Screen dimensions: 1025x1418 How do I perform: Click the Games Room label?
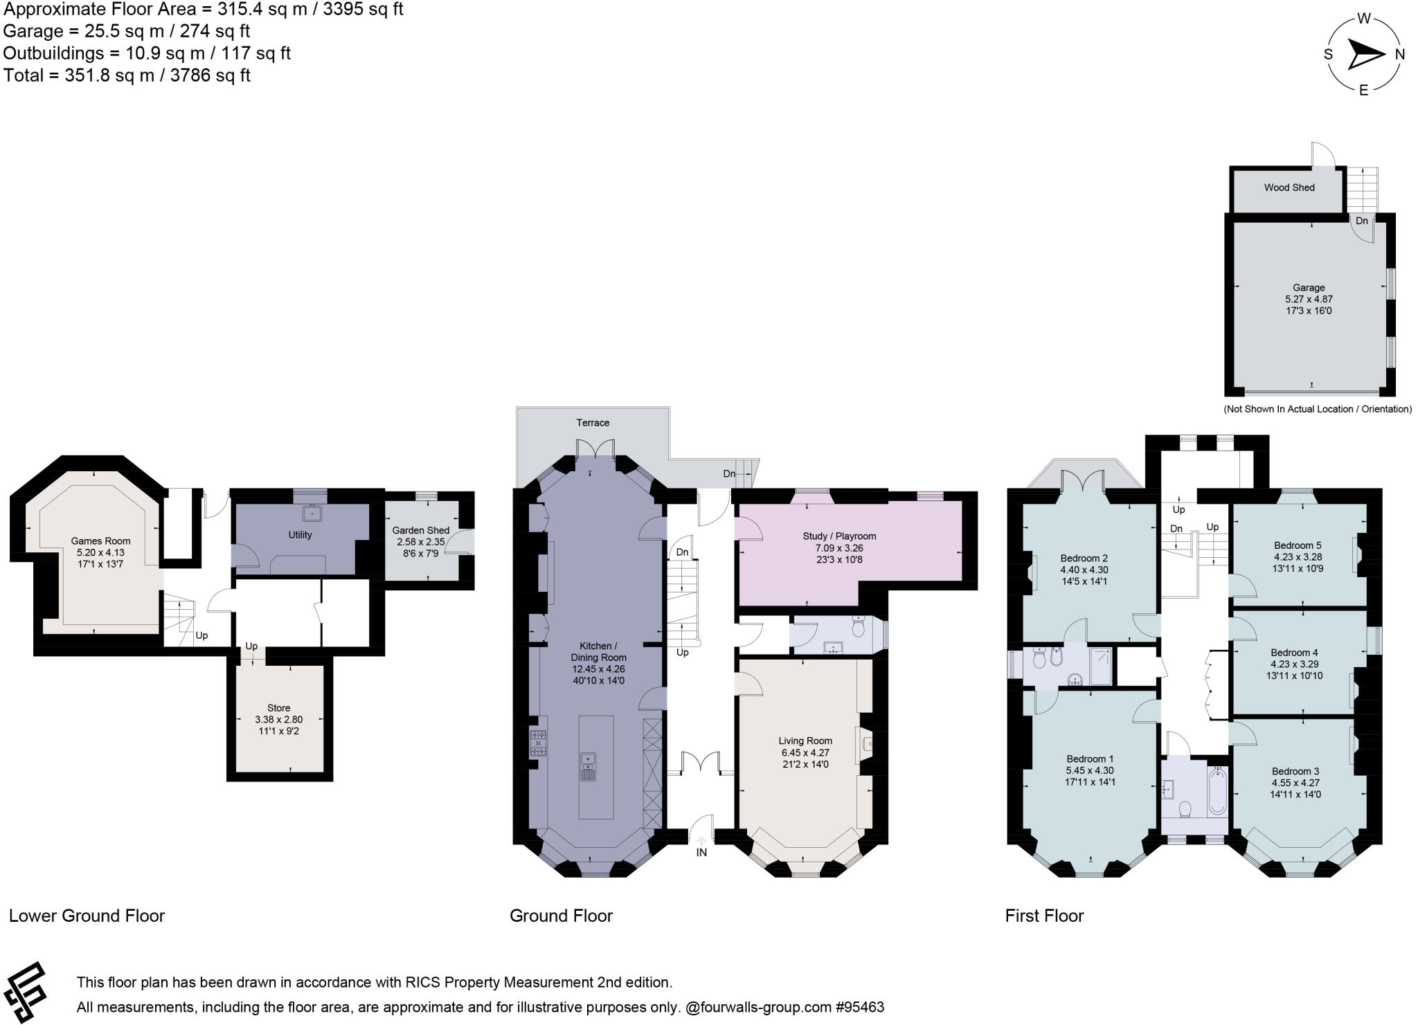coord(100,541)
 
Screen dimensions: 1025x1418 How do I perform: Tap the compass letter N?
coord(1399,55)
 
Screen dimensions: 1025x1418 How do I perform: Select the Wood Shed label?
coord(1289,188)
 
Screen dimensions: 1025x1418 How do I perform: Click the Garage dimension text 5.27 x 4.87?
coord(1308,299)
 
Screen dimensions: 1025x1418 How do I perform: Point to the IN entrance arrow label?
coord(701,852)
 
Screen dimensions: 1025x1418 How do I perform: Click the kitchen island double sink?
coord(588,766)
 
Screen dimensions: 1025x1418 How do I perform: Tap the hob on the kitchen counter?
coord(538,743)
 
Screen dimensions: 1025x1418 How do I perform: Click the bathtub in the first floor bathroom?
coord(1217,790)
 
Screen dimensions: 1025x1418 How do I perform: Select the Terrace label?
coord(593,422)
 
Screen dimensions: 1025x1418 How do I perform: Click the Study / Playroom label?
coord(839,536)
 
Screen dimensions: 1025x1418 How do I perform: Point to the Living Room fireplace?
coord(865,745)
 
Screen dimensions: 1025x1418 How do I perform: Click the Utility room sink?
coord(312,512)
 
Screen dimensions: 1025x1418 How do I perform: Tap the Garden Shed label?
coord(420,530)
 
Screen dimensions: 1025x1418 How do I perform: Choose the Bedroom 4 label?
coord(1294,652)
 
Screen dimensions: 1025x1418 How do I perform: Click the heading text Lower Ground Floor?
coord(87,916)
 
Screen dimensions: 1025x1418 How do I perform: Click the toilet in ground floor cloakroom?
coord(859,627)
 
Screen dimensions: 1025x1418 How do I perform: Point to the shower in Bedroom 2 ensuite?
coord(1101,665)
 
